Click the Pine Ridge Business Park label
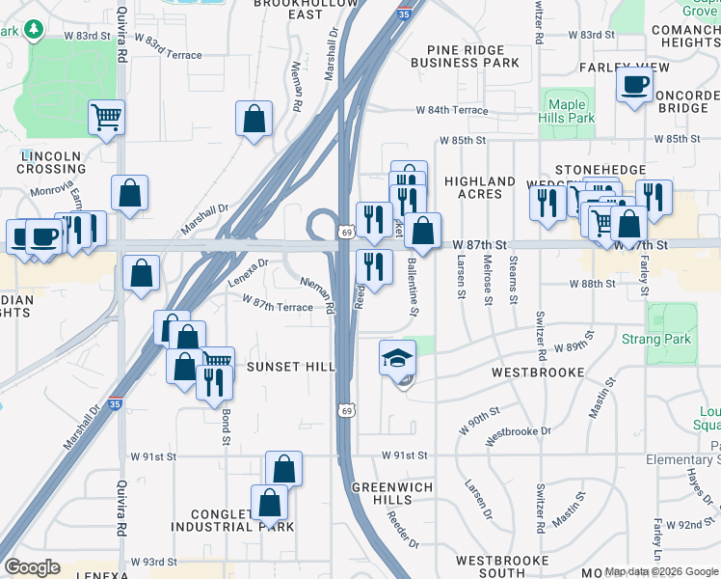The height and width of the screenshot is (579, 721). [x=465, y=55]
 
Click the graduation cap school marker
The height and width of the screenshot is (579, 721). [x=398, y=359]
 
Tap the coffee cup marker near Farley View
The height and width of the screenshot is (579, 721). [x=634, y=87]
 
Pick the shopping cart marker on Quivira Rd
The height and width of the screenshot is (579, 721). [x=106, y=118]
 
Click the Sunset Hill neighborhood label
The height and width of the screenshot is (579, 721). [x=290, y=367]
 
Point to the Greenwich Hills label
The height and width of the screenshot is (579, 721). [x=392, y=494]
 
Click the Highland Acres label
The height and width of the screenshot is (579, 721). [x=480, y=187]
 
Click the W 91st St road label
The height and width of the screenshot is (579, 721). [x=405, y=455]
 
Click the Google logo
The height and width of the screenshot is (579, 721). [x=33, y=567]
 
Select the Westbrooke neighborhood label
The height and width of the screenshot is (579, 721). [x=538, y=372]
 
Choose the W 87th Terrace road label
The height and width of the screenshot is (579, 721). [x=278, y=306]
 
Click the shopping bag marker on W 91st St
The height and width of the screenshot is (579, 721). [x=283, y=470]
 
